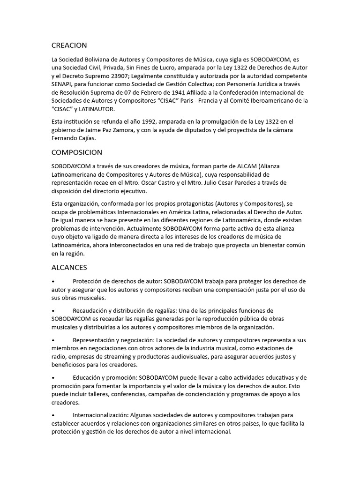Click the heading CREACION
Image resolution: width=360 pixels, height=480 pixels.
69,45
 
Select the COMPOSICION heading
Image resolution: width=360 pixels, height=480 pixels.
76,152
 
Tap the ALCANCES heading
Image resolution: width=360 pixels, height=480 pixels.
69,267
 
